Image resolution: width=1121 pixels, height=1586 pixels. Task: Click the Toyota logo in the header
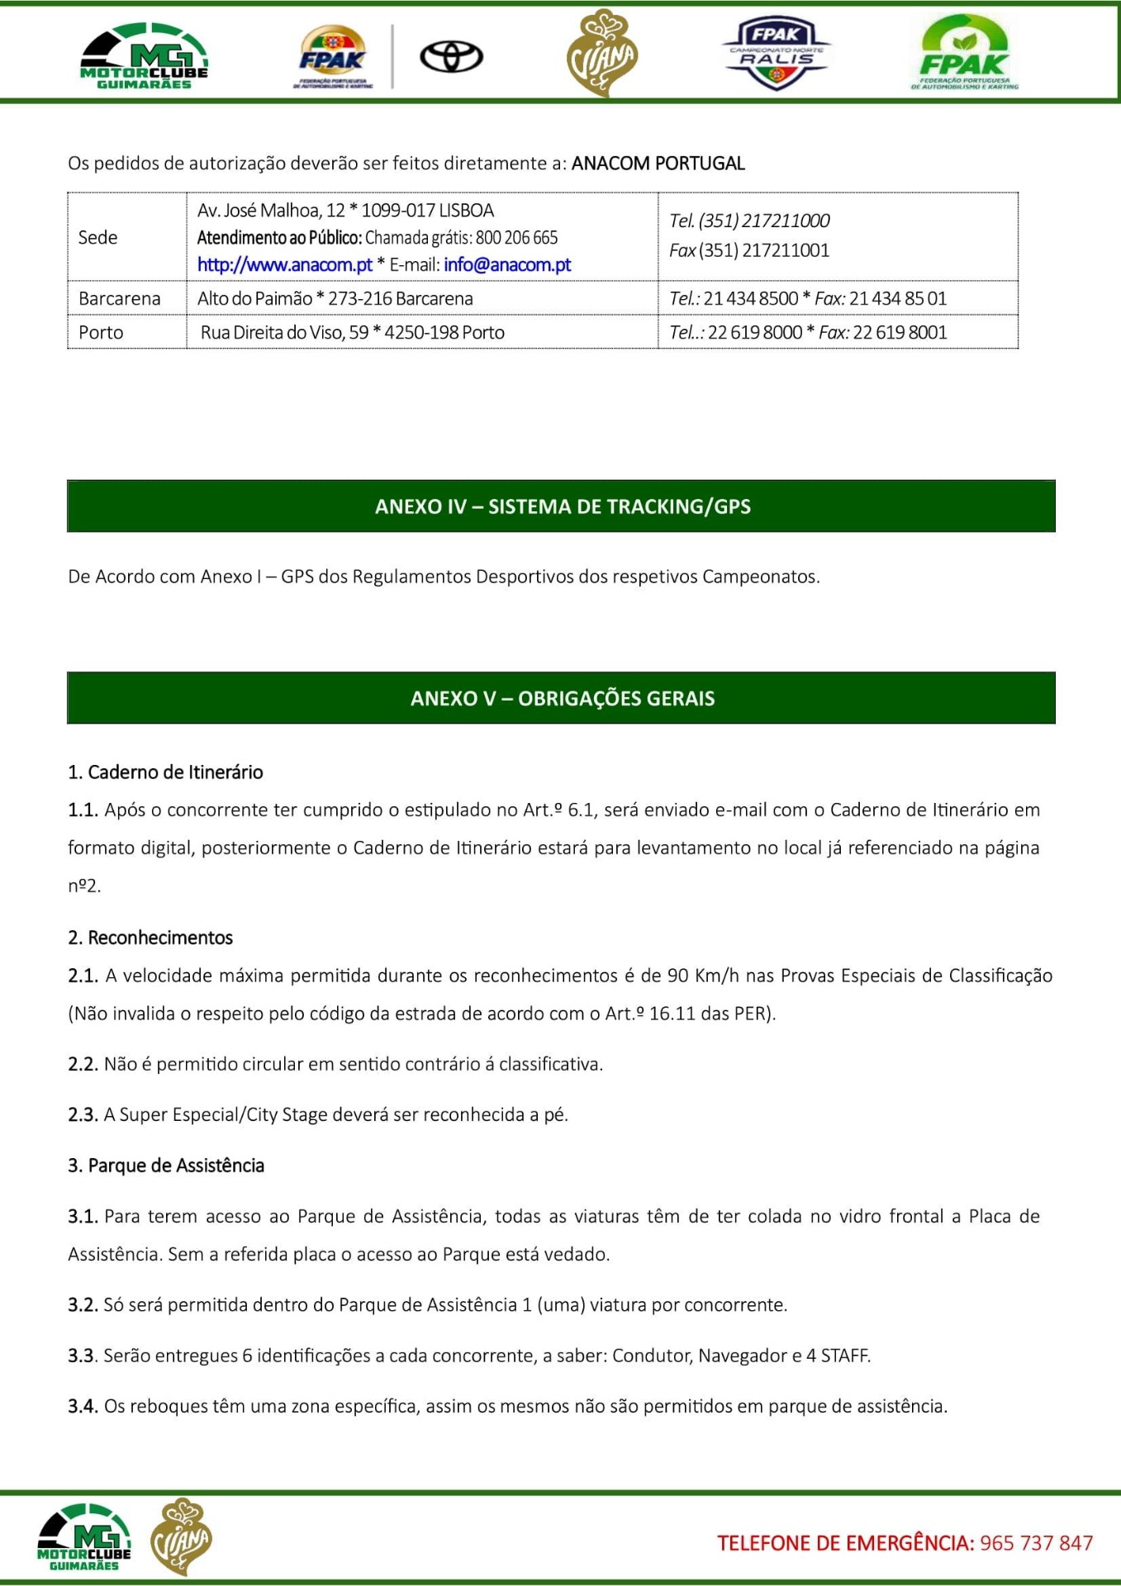(x=451, y=57)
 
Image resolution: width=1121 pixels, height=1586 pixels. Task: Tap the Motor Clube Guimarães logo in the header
(x=145, y=57)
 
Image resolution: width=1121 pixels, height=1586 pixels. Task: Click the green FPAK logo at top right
(x=964, y=54)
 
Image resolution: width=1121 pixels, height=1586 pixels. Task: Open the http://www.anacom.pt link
(x=285, y=265)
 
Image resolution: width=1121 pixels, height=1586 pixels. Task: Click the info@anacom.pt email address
(x=507, y=265)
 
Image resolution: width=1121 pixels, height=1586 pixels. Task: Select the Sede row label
(x=97, y=238)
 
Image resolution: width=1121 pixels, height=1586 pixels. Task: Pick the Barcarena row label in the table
(x=119, y=299)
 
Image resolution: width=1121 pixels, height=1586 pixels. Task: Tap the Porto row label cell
(x=101, y=333)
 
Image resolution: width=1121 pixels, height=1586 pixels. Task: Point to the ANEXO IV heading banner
(x=562, y=506)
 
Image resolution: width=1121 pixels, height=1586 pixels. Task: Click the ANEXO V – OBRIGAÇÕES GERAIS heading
(x=562, y=699)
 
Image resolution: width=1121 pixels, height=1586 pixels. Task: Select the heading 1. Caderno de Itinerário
(x=165, y=772)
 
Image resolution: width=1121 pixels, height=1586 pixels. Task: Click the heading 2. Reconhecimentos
(x=150, y=938)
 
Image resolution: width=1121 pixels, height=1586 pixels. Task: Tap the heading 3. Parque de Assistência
(x=166, y=1166)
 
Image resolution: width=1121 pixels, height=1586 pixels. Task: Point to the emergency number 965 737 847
(x=1036, y=1543)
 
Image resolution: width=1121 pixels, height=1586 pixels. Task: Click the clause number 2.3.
(x=83, y=1115)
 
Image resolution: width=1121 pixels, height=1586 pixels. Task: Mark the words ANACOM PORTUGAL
(x=658, y=164)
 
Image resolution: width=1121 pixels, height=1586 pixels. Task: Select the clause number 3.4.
(x=83, y=1407)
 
